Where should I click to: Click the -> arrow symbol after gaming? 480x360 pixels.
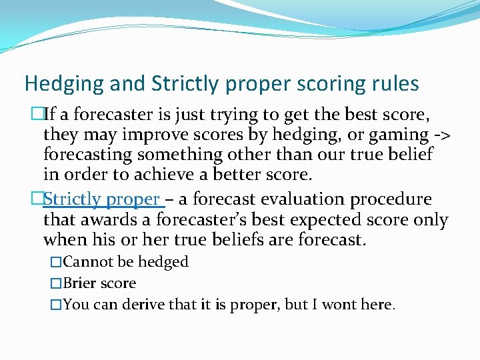coord(441,136)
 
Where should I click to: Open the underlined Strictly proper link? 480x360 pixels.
coord(101,199)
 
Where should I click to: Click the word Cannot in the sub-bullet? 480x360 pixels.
coord(85,262)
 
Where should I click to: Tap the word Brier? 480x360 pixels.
coord(79,283)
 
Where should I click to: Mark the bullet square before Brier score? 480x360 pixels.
coord(56,284)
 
